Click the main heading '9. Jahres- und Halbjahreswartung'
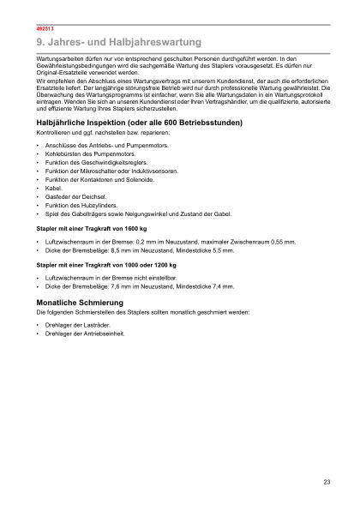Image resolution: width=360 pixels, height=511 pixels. click(x=119, y=41)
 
